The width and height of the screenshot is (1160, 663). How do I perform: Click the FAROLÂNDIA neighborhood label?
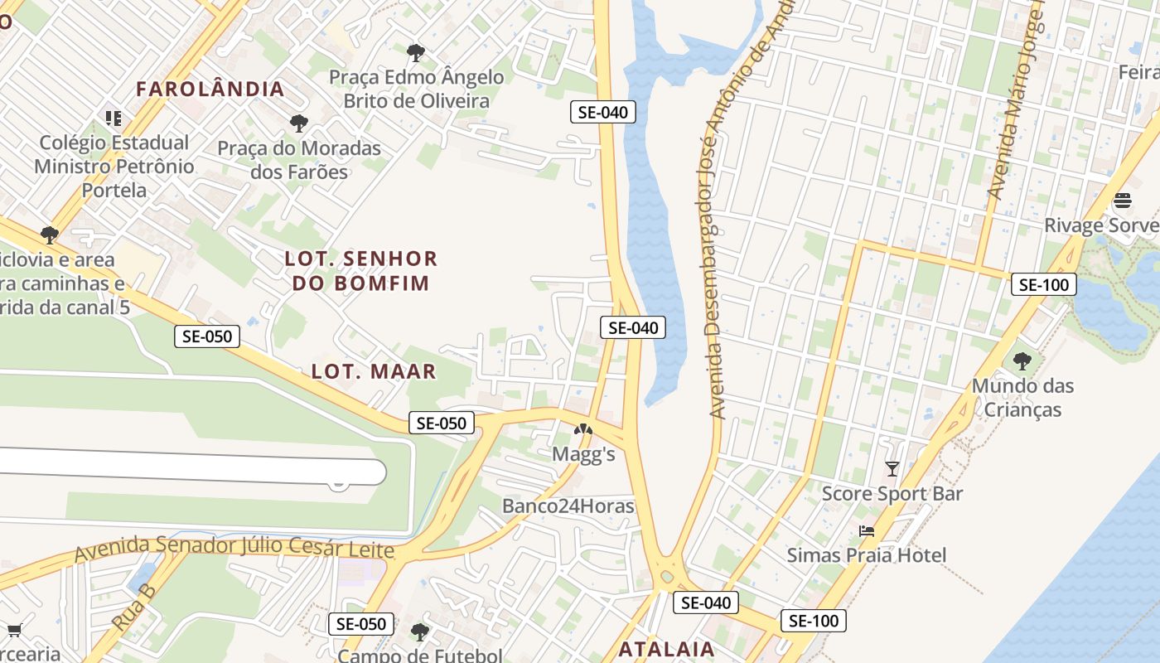pos(210,89)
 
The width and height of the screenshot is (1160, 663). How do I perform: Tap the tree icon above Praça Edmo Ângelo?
pos(416,54)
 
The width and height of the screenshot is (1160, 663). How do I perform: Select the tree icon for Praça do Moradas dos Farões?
pos(299,124)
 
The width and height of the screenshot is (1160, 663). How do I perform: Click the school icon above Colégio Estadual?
pos(114,119)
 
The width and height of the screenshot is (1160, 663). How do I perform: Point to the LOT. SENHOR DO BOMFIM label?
pos(360,271)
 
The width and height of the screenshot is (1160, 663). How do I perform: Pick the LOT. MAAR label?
pos(374,371)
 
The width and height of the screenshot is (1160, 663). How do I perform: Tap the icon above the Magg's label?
pos(583,430)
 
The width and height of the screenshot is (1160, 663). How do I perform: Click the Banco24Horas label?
pos(568,506)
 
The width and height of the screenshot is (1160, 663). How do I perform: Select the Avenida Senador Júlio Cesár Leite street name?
pos(234,548)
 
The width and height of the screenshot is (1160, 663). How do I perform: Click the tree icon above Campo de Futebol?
pos(420,632)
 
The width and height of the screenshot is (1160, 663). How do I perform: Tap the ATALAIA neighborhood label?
pos(666,649)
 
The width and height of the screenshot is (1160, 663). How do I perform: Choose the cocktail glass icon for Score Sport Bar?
pos(892,469)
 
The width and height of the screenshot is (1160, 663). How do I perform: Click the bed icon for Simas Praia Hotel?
pos(867,530)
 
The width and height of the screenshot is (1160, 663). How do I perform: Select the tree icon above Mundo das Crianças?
pos(1022,361)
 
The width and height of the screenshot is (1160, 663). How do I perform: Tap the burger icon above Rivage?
pos(1123,201)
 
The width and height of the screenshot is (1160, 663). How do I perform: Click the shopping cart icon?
pos(14,631)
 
